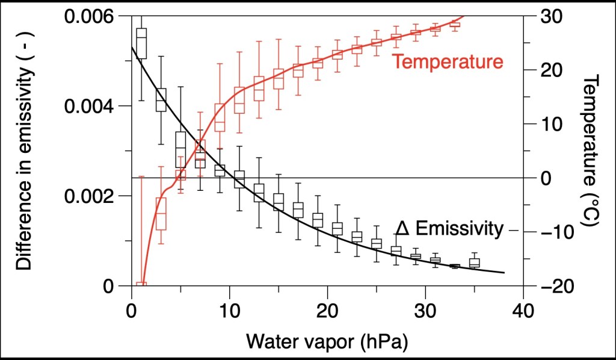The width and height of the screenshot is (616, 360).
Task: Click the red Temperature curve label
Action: [x=447, y=62]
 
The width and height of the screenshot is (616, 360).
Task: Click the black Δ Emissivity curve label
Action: [x=449, y=229]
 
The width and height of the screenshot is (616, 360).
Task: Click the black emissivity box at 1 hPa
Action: [x=141, y=43]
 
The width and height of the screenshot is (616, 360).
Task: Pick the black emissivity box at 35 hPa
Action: [x=475, y=262]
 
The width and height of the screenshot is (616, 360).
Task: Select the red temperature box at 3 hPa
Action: [x=161, y=213]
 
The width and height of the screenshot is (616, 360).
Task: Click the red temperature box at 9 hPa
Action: [x=220, y=117]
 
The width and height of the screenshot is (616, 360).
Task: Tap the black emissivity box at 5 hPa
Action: [x=180, y=149]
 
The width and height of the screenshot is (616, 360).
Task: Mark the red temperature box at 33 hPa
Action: [x=455, y=24]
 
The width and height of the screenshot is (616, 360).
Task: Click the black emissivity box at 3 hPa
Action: [x=161, y=100]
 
